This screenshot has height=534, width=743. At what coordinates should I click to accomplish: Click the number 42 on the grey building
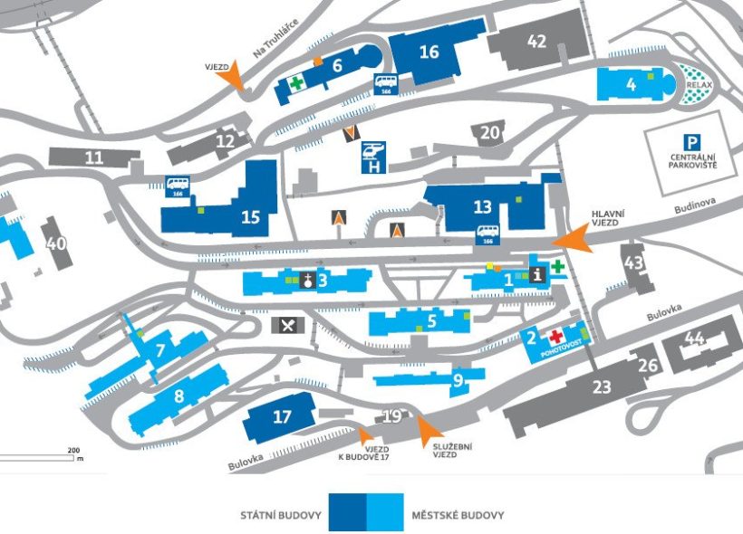[537, 41]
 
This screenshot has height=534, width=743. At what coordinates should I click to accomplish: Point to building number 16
[429, 52]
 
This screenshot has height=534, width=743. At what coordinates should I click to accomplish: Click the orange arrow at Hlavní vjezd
[572, 239]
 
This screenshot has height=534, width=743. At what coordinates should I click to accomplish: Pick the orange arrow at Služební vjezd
[427, 430]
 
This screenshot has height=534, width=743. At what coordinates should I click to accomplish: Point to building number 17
[283, 417]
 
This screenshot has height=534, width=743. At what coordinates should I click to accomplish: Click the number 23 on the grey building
[603, 386]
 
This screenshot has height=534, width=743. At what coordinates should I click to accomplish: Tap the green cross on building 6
[295, 83]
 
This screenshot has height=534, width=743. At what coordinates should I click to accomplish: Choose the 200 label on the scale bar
[73, 450]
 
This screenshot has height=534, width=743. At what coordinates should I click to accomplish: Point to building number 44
[695, 338]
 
